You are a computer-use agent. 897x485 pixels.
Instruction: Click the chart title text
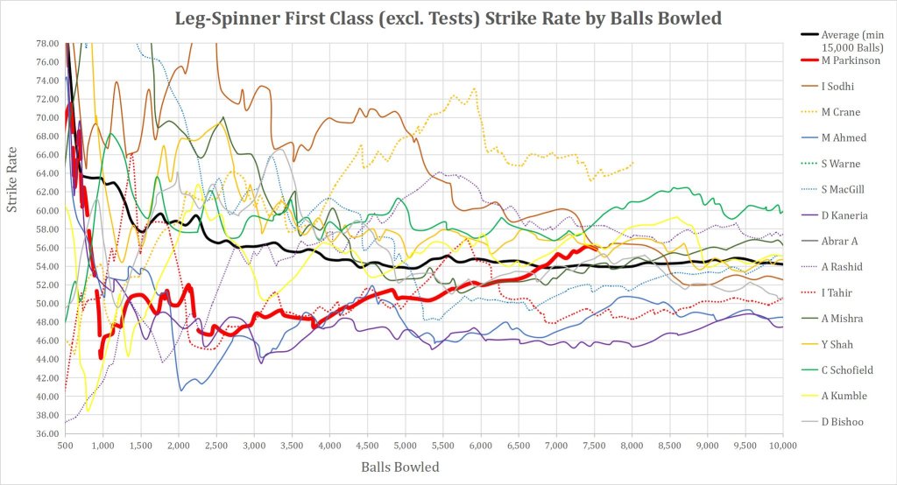[448, 18]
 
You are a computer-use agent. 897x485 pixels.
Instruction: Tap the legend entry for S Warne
[844, 163]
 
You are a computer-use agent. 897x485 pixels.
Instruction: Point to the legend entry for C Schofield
[853, 370]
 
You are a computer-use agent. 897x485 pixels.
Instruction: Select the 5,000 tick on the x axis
[405, 445]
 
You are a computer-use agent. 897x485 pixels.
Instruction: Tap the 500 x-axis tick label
[65, 445]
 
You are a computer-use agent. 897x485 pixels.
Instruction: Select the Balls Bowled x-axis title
[400, 467]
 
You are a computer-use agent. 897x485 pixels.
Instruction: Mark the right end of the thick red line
[597, 249]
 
